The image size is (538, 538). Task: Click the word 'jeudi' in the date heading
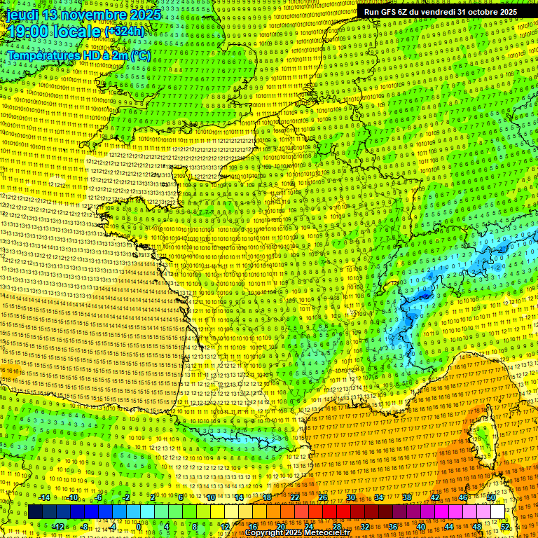coord(22,14)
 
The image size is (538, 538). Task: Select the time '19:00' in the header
coord(29,32)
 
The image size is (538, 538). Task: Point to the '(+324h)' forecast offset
coord(124,32)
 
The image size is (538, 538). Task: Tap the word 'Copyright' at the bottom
coord(264,533)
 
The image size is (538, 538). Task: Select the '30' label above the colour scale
coord(350,498)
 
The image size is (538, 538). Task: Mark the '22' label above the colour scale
coord(295,498)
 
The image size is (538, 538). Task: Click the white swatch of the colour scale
coord(497,512)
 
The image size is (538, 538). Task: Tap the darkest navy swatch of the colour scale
coord(35,512)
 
